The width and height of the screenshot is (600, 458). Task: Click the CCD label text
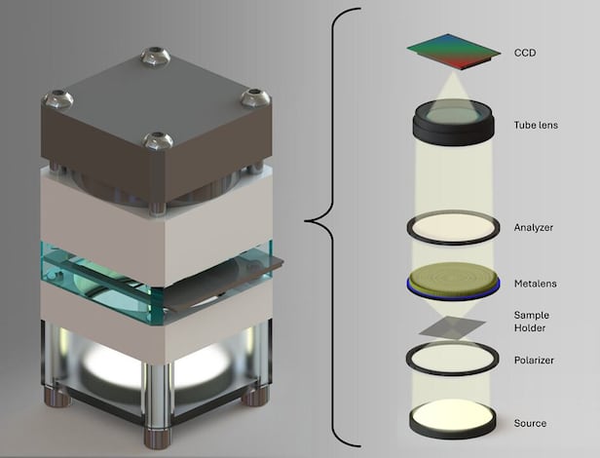click(525, 53)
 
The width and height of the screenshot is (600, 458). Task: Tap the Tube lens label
click(536, 125)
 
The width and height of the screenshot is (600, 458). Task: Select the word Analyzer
click(534, 227)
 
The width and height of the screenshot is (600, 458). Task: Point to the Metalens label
click(535, 284)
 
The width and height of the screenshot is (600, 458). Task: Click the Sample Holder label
click(532, 322)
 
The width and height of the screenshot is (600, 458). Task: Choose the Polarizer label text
click(534, 361)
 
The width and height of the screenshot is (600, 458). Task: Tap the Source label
click(530, 423)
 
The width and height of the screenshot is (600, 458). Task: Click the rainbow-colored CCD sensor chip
click(454, 52)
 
